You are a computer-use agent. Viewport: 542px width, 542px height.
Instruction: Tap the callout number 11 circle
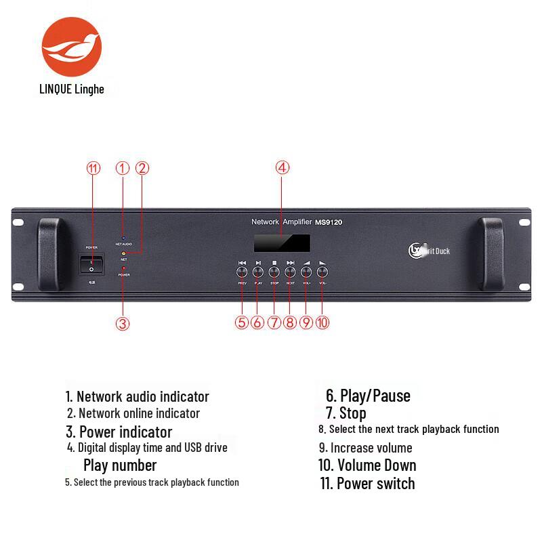[x=93, y=169]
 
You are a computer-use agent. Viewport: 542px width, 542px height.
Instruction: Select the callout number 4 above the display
[x=283, y=168]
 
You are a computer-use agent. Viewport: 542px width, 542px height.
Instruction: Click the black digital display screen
[x=282, y=243]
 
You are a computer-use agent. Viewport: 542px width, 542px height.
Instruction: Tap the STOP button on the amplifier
[x=274, y=272]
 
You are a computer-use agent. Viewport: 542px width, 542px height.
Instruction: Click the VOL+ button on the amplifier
[x=306, y=272]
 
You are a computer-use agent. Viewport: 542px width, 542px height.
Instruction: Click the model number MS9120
[x=329, y=222]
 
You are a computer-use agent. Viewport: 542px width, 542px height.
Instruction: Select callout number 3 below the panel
[x=123, y=323]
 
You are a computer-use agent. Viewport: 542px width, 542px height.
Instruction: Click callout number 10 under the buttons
[x=322, y=322]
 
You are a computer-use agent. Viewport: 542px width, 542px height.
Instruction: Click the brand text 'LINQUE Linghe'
[x=72, y=89]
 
